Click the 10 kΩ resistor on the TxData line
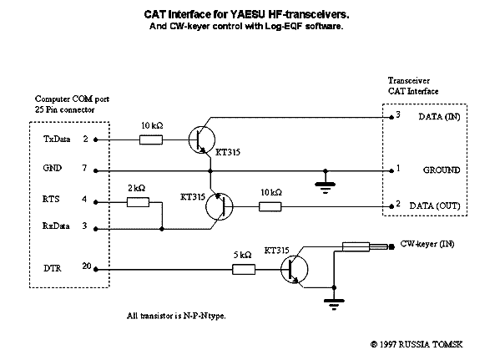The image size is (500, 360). tap(151, 139)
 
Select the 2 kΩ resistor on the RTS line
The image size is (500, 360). tap(138, 202)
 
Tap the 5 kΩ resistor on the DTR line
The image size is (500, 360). tap(244, 269)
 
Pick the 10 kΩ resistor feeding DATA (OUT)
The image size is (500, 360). tap(270, 206)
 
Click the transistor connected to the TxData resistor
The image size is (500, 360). tap(201, 139)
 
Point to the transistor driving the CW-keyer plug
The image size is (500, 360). tap(295, 269)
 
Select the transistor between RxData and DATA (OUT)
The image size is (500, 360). tap(220, 206)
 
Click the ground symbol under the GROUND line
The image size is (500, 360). tap(325, 187)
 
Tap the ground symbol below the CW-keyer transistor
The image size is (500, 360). tap(334, 304)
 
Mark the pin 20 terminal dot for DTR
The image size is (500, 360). tap(96, 270)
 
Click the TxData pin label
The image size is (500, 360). tap(57, 139)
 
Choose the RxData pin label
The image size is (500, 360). tap(56, 226)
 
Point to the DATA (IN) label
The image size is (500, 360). tap(439, 117)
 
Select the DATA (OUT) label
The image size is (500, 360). tap(435, 205)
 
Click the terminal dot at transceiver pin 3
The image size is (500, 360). tap(391, 118)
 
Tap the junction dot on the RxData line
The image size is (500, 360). tap(162, 229)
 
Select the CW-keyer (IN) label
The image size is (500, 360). tap(427, 244)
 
